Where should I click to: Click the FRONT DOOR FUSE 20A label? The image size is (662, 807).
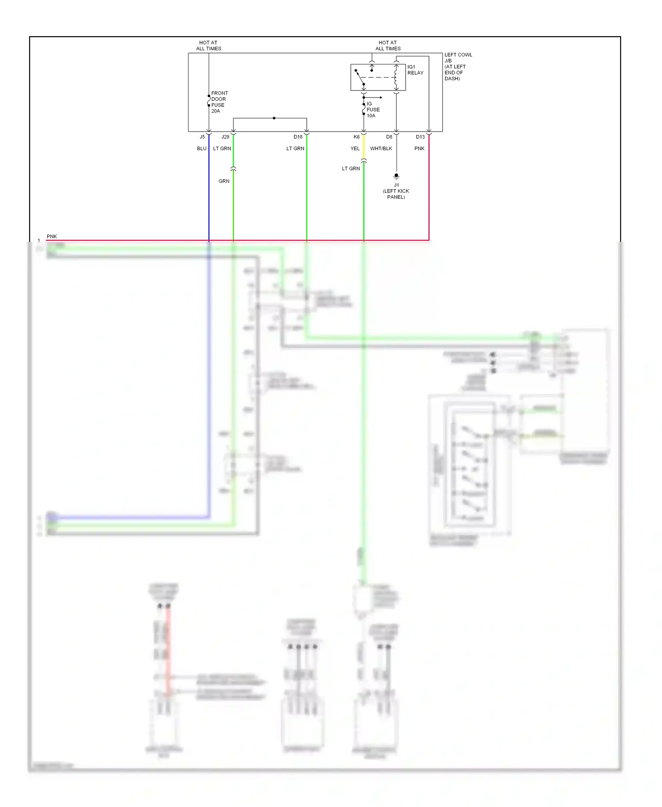(219, 102)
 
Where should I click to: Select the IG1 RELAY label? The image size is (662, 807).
(415, 70)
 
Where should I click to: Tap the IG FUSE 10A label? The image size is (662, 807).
(373, 109)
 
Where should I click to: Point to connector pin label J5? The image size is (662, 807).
(202, 137)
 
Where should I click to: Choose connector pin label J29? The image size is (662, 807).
(225, 137)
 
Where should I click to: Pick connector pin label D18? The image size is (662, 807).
(298, 137)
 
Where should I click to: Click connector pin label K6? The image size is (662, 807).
(357, 137)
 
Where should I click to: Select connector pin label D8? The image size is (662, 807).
(389, 137)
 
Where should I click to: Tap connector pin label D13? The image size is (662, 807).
(420, 137)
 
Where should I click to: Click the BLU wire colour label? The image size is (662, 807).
(202, 148)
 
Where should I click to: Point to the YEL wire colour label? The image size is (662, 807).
(355, 148)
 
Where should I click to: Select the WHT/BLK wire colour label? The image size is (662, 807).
(381, 148)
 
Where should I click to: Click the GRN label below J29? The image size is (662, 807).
(224, 181)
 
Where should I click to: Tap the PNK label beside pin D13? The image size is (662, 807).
(419, 148)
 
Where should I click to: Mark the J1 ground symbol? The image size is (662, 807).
(396, 176)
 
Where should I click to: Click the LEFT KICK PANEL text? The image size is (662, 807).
(396, 194)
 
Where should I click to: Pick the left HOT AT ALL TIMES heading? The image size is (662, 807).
(208, 45)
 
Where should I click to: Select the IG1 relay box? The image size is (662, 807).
(378, 77)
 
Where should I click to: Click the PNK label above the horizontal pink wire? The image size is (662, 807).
(52, 236)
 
